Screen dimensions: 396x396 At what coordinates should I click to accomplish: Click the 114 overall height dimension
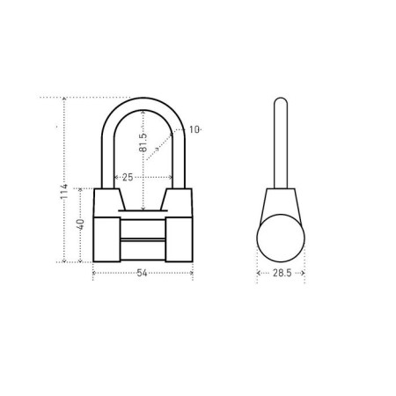(64, 192)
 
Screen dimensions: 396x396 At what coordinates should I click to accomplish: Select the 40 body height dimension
(80, 224)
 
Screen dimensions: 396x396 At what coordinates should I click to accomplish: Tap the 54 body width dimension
(143, 273)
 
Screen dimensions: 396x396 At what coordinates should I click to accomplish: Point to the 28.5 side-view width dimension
(282, 273)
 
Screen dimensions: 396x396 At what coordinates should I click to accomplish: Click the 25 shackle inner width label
(128, 177)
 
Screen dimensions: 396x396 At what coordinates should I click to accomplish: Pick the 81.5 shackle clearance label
(143, 143)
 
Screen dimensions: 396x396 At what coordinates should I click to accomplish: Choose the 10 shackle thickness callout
(194, 129)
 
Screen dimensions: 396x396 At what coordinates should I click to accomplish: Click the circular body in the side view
(281, 238)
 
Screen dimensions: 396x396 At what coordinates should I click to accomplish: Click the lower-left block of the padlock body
(106, 239)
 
